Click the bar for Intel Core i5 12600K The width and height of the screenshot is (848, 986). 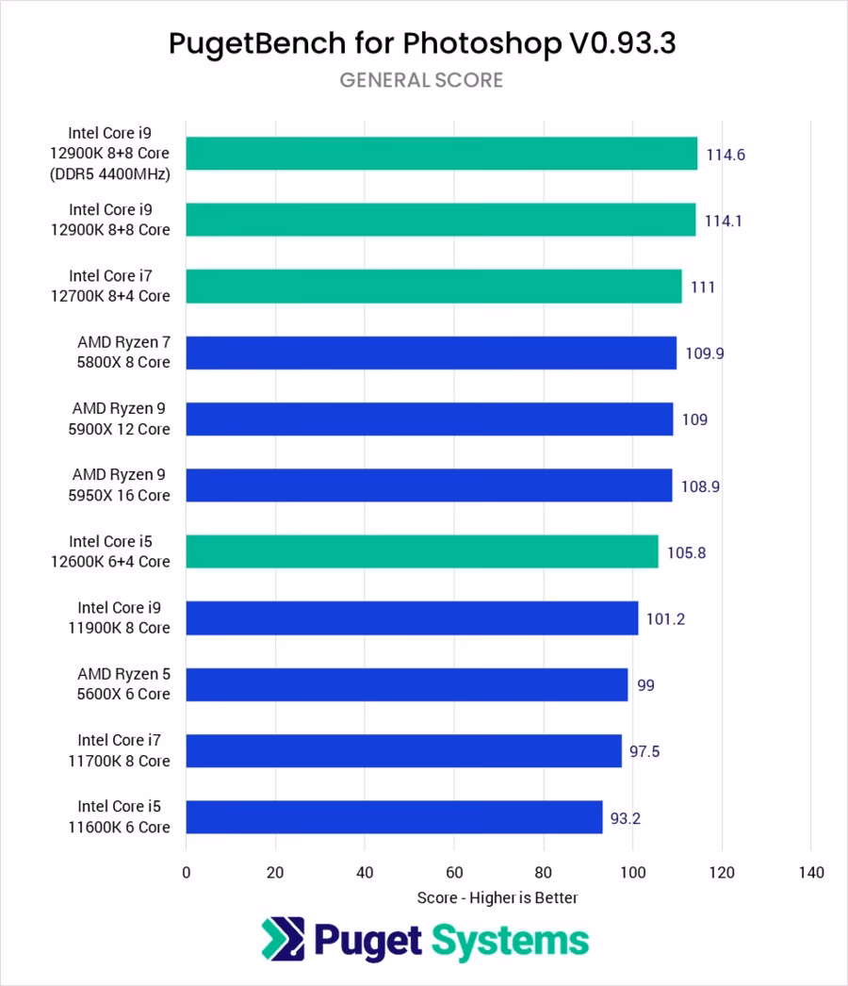point(422,551)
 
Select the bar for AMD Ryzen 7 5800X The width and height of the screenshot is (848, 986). point(431,353)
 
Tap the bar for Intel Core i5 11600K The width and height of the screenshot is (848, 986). point(394,817)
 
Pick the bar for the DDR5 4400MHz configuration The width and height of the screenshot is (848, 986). point(441,154)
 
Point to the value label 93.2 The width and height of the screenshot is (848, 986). point(626,818)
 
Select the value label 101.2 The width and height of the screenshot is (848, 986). point(665,619)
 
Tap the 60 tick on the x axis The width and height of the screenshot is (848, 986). point(454,872)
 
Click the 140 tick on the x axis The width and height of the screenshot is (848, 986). point(810,872)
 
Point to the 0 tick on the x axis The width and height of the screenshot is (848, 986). point(187,872)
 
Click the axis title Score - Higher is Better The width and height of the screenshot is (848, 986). point(497,898)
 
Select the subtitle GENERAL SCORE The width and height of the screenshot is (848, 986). point(421,80)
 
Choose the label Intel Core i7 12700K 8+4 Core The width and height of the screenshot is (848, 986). point(120,286)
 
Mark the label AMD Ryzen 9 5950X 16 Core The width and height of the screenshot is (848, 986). point(122,485)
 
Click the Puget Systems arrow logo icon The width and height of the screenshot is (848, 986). point(283,939)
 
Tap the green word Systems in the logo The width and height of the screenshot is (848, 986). point(511,940)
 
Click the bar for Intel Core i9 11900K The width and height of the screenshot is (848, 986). point(412,618)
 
